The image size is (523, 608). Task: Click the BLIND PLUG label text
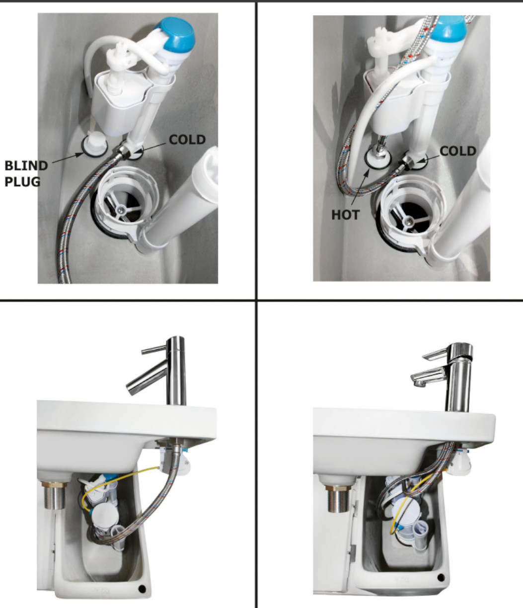(x=26, y=174)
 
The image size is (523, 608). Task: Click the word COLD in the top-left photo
(x=187, y=140)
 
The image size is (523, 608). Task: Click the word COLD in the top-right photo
(x=458, y=151)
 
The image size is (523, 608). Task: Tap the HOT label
(x=346, y=215)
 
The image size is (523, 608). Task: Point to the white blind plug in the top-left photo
(x=95, y=144)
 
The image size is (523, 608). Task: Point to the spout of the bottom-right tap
(x=428, y=377)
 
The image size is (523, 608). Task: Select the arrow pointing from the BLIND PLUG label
(x=68, y=158)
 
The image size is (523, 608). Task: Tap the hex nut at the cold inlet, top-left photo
(x=122, y=152)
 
